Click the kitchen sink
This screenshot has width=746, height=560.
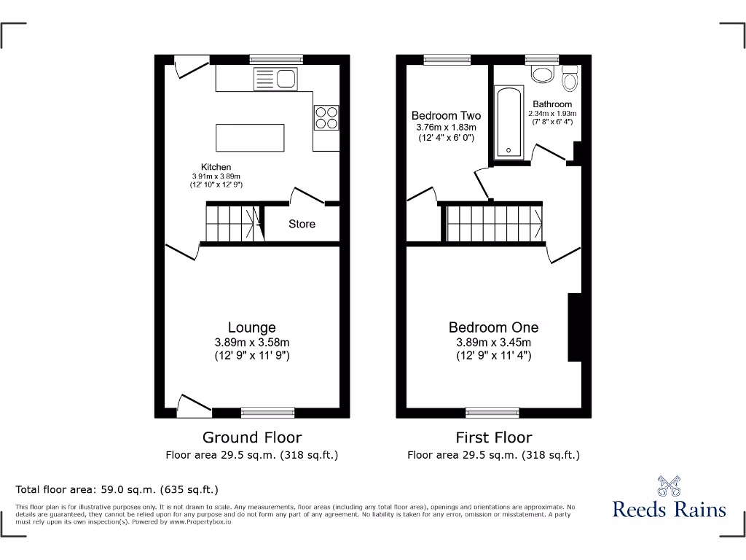[x=275, y=78]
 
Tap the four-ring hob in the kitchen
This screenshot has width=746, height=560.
[x=326, y=118]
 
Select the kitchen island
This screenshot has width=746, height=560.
[x=250, y=136]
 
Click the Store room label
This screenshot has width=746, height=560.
[x=302, y=224]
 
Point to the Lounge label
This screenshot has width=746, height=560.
[x=251, y=327]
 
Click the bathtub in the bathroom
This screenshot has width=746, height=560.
[x=508, y=122]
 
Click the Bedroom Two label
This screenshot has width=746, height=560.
[x=446, y=116]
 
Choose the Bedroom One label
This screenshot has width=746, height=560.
[x=493, y=327]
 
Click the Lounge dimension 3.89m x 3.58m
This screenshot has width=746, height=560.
[x=251, y=342]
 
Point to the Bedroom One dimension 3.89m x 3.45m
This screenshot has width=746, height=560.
[x=493, y=342]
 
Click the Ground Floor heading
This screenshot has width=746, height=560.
[x=251, y=437]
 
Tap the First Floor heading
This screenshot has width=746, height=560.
[x=493, y=437]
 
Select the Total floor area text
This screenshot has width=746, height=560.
[x=117, y=490]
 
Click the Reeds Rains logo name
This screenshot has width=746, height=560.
[x=669, y=509]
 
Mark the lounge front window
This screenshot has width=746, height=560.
[x=267, y=413]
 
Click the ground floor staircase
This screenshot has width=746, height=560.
[x=231, y=224]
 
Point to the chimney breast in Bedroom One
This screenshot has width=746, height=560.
[x=574, y=327]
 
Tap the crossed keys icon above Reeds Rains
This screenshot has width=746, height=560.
[x=669, y=486]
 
